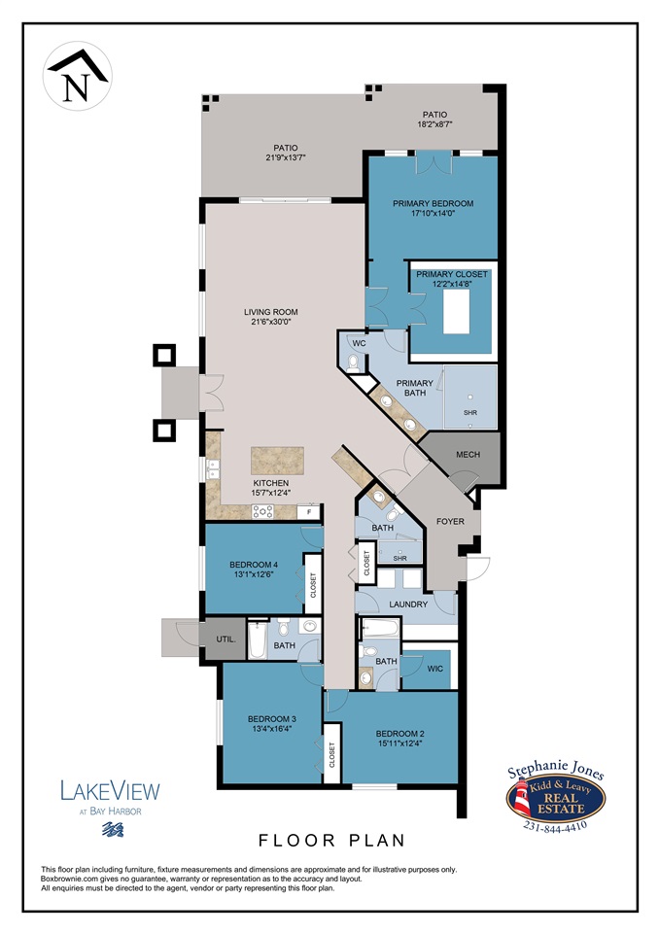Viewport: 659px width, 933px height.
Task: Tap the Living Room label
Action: tap(270, 312)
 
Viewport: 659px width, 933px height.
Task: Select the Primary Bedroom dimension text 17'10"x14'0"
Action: tap(433, 215)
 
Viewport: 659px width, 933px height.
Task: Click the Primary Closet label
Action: tap(452, 275)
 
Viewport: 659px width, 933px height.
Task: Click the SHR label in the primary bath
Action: tap(470, 413)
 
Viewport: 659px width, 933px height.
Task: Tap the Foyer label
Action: tap(450, 522)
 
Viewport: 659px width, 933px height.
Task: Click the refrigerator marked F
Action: tap(310, 512)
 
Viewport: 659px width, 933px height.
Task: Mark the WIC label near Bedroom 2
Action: tap(434, 669)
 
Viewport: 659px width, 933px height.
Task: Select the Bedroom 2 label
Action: tap(400, 733)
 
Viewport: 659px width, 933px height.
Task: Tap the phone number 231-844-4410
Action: tap(555, 828)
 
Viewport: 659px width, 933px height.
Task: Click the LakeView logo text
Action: tap(111, 791)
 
